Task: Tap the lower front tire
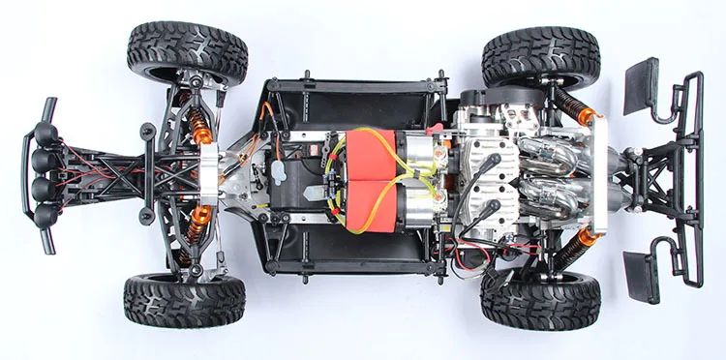(x=184, y=301)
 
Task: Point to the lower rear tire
(x=540, y=301)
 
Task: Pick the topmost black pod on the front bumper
(x=44, y=136)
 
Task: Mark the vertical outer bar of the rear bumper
(x=695, y=179)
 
